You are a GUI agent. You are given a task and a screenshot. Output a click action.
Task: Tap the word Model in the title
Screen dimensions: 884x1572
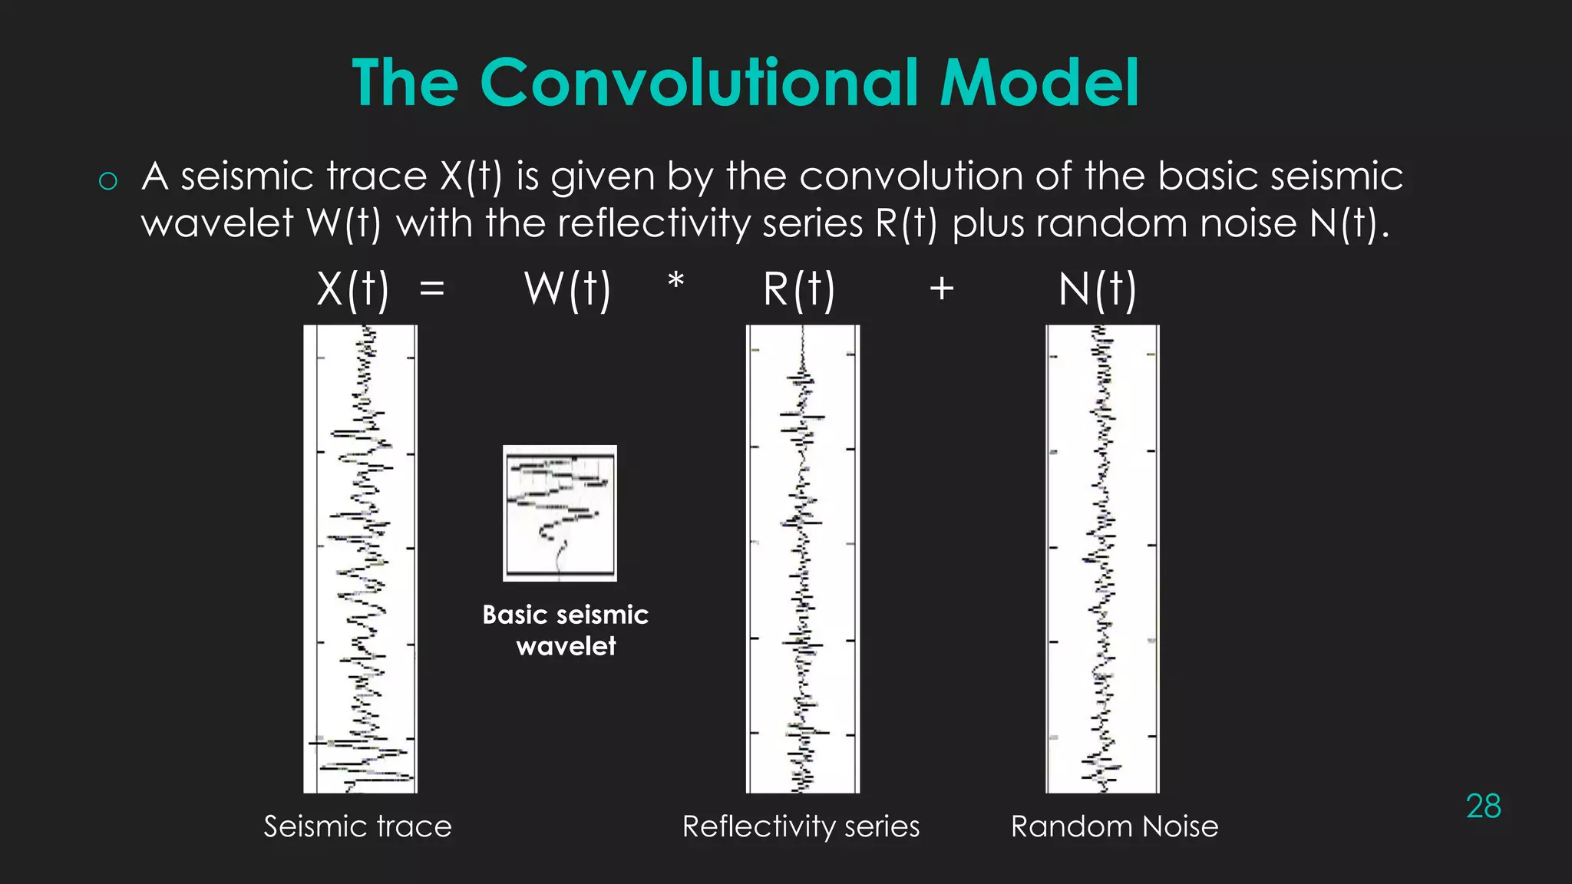coord(1039,83)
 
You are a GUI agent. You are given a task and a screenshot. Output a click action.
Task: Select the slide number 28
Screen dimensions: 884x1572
coord(1483,806)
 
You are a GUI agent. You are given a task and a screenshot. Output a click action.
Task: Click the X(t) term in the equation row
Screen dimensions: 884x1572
coord(353,290)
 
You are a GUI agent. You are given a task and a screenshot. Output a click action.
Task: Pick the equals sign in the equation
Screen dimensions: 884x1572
coord(432,290)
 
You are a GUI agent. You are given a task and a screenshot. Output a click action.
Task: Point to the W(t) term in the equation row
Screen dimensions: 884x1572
coord(567,290)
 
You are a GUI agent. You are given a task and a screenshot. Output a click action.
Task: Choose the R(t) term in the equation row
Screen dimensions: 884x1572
coord(798,290)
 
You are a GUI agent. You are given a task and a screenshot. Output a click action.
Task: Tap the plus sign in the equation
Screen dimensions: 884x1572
coord(942,290)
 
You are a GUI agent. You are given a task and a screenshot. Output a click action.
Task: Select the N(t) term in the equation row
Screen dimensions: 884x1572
coord(1097,290)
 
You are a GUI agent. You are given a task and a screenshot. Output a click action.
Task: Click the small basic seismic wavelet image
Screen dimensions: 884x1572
coord(560,513)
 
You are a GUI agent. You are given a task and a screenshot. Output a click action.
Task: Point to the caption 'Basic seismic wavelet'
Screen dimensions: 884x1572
coord(566,630)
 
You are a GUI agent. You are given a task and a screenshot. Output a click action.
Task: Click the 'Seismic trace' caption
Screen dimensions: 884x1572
coord(358,826)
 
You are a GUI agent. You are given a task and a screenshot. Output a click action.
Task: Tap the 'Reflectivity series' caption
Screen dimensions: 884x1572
coord(801,826)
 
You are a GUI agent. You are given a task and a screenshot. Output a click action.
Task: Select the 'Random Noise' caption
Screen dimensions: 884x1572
coord(1115,826)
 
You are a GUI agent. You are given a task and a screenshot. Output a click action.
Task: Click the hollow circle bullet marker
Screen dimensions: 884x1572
coord(108,181)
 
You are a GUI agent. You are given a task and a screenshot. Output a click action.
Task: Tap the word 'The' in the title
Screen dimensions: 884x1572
coord(405,83)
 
